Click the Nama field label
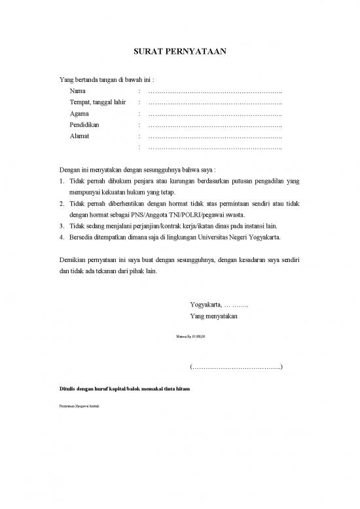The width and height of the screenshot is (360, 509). [x=78, y=90]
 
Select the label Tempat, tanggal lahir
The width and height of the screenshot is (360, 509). [x=97, y=102]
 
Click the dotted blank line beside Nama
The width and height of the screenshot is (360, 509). [x=215, y=91]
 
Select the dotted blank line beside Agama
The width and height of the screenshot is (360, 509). [x=215, y=114]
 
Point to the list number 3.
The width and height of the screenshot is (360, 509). [x=61, y=225]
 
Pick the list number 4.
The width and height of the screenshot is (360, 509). [x=61, y=236]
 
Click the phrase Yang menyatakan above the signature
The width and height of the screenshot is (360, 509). [x=213, y=316]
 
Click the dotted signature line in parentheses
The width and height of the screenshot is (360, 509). [x=236, y=366]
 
